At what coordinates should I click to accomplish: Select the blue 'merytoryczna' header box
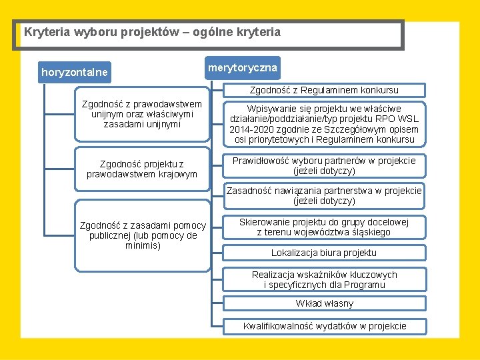coord(243,67)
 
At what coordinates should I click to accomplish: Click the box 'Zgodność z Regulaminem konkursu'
coord(324,90)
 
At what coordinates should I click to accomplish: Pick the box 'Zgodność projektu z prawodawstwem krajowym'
coord(141,169)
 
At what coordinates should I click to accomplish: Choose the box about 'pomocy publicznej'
coord(143,236)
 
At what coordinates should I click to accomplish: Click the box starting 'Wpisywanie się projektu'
coord(324,124)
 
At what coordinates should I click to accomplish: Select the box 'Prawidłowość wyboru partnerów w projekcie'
coord(324,166)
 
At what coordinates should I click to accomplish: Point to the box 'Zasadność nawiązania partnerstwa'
coord(324,195)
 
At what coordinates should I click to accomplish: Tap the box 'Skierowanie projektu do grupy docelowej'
coord(324,227)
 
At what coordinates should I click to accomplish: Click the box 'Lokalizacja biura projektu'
coord(324,253)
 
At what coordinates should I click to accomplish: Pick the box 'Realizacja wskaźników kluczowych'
coord(324,280)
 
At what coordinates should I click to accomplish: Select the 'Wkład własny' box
coord(324,304)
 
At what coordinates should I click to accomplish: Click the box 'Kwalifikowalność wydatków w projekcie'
coord(324,326)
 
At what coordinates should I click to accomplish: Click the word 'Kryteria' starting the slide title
coord(45,32)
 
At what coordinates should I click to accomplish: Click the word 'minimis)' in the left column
coord(143,245)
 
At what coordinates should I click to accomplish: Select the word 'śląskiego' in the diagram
coord(372,233)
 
